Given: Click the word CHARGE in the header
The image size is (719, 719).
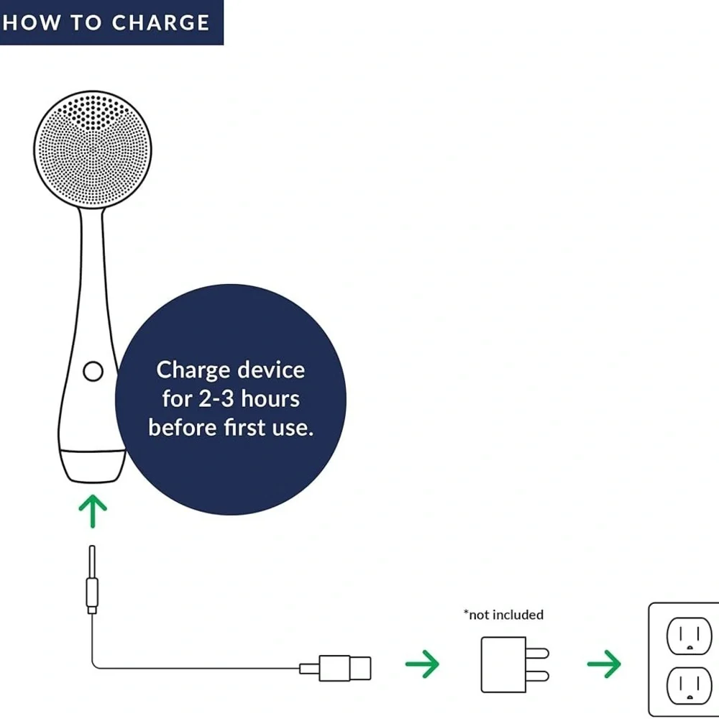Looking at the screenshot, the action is tap(160, 22).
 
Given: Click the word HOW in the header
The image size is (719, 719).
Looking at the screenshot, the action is tap(31, 22).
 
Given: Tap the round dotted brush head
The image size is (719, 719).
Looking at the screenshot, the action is tap(93, 150).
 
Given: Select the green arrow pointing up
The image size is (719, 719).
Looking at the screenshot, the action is tap(93, 510).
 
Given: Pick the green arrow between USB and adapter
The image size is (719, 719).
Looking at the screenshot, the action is tap(422, 664).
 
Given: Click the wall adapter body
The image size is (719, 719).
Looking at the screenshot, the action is tap(503, 664).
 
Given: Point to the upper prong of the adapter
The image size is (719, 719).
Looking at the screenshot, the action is tap(537, 653).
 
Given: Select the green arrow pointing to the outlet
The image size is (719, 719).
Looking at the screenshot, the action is tap(605, 664).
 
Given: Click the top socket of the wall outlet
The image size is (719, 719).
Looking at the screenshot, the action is tap(690, 636).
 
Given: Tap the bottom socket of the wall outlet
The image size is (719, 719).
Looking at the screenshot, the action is tap(690, 685).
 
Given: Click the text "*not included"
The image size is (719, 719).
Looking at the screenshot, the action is tap(503, 615).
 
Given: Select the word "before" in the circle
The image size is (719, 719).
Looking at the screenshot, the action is tap(183, 427).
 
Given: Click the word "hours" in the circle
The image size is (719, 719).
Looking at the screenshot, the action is tap(270, 398).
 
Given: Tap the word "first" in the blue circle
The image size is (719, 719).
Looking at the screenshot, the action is tap(244, 427).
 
